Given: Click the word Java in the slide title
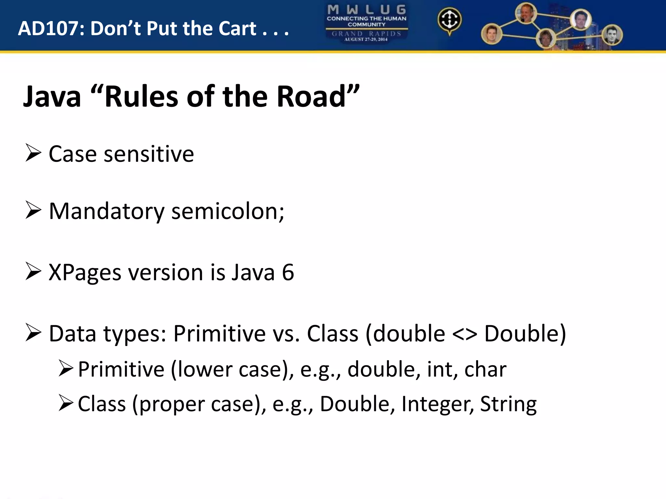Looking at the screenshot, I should coord(52,96).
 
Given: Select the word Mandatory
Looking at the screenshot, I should coord(107,211).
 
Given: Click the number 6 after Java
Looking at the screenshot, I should coord(288,272).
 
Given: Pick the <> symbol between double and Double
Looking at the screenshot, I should coord(464,334).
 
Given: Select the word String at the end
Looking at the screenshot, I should coord(508,404).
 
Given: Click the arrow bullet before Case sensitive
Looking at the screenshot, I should coord(33,153).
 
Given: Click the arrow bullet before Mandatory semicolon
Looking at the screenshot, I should coord(33,211).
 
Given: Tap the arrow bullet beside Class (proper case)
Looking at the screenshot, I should coord(66,403).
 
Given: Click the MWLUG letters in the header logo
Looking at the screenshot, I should coord(366,9).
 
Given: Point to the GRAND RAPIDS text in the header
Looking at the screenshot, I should coord(366,33).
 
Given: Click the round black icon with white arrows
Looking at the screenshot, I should coord(449,20).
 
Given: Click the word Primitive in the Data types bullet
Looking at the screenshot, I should coord(220,334).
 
